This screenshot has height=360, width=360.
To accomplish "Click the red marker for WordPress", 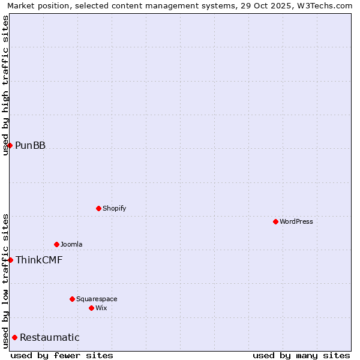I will tap(275, 221).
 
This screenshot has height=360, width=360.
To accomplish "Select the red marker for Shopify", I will tap(98, 208).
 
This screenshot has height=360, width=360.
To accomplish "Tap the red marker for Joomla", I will tap(56, 244).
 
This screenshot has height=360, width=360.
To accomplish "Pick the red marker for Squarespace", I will tap(72, 299).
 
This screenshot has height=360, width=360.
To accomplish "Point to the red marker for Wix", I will tap(91, 308).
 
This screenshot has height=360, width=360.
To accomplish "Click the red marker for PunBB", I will tap(10, 145).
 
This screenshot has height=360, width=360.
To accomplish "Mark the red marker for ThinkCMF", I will tap(10, 260).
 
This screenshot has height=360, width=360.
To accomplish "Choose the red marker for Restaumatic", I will tap(14, 337).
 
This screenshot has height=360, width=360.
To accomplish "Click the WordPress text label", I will tap(296, 221).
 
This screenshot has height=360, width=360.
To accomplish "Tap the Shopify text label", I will tap(115, 208).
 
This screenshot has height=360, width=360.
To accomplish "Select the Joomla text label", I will tap(71, 244).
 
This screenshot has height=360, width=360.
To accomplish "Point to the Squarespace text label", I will tap(97, 299).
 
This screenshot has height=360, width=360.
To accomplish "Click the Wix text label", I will tap(101, 308).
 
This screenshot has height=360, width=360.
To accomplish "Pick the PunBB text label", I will tap(30, 145).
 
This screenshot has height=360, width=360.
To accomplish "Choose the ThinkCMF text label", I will tap(39, 260).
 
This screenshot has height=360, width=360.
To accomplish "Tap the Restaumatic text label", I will tap(50, 337).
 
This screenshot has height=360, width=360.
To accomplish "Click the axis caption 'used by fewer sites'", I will tap(62, 355).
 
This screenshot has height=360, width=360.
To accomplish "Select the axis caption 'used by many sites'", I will tap(301, 355).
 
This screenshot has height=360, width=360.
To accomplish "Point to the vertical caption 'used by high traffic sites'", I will tap(5, 85).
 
